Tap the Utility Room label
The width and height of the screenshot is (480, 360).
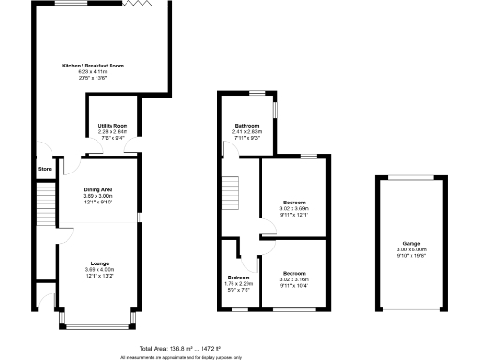pyautogui.click(x=112, y=126)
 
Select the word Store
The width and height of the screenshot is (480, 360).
pyautogui.click(x=44, y=169)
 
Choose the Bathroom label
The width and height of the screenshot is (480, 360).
pyautogui.click(x=247, y=126)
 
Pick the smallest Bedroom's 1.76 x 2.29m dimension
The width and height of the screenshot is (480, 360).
pyautogui.click(x=239, y=283)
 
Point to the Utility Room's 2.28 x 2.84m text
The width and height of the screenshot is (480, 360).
pyautogui.click(x=112, y=132)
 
